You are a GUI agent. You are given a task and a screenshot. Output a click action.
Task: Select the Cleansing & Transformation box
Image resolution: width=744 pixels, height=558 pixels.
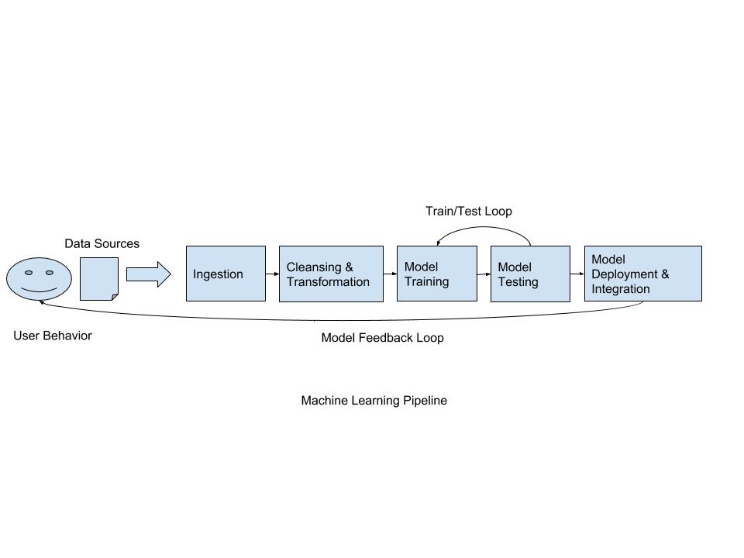pyautogui.click(x=331, y=274)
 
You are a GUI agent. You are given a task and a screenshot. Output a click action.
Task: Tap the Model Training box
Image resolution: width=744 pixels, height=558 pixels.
pyautogui.click(x=436, y=274)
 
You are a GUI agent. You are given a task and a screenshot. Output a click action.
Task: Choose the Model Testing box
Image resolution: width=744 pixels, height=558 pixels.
pyautogui.click(x=530, y=274)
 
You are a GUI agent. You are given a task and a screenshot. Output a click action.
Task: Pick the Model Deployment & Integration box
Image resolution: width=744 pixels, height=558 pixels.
pyautogui.click(x=642, y=274)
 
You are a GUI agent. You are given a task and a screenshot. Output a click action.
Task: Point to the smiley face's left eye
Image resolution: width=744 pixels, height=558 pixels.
pyautogui.click(x=29, y=273)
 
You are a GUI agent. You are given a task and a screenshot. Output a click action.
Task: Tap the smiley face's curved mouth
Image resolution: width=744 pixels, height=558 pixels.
pyautogui.click(x=39, y=290)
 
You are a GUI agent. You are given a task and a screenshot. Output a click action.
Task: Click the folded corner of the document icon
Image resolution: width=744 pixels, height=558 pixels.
pyautogui.click(x=115, y=297)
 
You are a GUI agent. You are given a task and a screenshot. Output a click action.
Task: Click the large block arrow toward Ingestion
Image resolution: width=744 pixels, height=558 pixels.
pyautogui.click(x=148, y=274)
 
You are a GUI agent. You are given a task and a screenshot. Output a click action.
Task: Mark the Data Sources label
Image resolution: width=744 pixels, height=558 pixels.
pyautogui.click(x=102, y=243)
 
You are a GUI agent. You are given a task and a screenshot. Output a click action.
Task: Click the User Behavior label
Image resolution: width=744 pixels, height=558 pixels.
pyautogui.click(x=52, y=336)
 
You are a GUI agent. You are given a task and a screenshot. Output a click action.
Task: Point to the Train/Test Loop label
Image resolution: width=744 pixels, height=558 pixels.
pyautogui.click(x=468, y=211)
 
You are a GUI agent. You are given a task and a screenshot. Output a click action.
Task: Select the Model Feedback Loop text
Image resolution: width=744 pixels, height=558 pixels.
pyautogui.click(x=382, y=338)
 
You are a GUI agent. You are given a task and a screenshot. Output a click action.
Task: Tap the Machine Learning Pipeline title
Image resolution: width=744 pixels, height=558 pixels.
pyautogui.click(x=374, y=401)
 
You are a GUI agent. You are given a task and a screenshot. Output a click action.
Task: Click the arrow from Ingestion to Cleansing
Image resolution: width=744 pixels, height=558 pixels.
pyautogui.click(x=272, y=274)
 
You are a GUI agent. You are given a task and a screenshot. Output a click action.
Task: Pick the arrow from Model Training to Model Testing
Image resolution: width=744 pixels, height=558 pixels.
pyautogui.click(x=484, y=274)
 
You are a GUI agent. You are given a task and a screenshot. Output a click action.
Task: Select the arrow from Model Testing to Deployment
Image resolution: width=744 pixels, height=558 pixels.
pyautogui.click(x=577, y=274)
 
